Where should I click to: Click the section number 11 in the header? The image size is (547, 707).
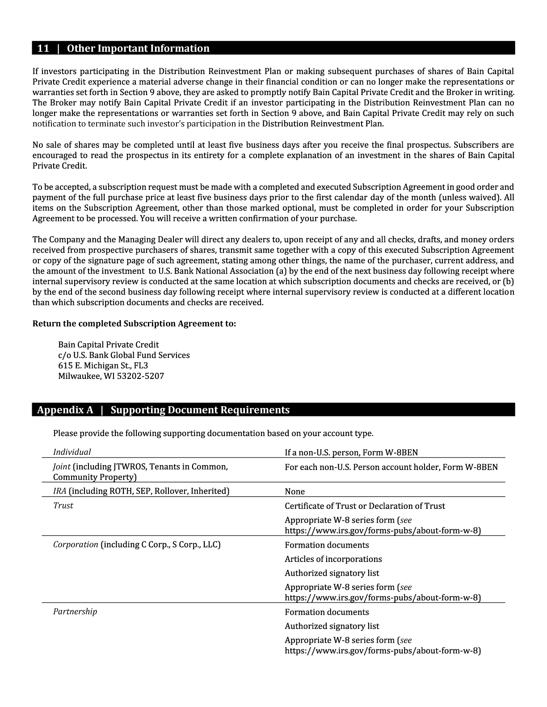click(x=43, y=49)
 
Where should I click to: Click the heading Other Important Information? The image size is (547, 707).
click(x=138, y=49)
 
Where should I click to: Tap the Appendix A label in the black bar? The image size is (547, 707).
click(x=65, y=410)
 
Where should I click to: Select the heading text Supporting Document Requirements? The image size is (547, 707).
click(x=200, y=410)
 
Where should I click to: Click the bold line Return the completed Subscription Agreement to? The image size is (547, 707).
click(x=134, y=324)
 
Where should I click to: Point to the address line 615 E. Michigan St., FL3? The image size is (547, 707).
click(x=103, y=366)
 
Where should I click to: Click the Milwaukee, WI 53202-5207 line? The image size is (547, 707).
click(x=111, y=376)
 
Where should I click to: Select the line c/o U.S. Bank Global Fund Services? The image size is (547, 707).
click(x=124, y=355)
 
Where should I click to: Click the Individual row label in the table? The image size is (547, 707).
click(x=72, y=452)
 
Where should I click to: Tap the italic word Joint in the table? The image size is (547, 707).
click(x=62, y=467)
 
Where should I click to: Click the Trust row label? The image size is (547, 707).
click(x=63, y=506)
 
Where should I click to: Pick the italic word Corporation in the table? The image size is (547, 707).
click(x=75, y=545)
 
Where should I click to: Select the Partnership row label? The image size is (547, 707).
click(x=75, y=611)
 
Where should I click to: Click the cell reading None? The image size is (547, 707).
click(x=295, y=492)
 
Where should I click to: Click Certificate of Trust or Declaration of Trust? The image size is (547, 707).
click(x=365, y=506)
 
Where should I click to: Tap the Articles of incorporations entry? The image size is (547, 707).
click(x=333, y=559)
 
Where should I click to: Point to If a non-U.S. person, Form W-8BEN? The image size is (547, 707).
click(x=351, y=453)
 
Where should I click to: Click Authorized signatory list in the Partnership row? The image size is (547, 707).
click(x=332, y=626)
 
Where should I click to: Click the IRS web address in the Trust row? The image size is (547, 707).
click(x=383, y=531)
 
